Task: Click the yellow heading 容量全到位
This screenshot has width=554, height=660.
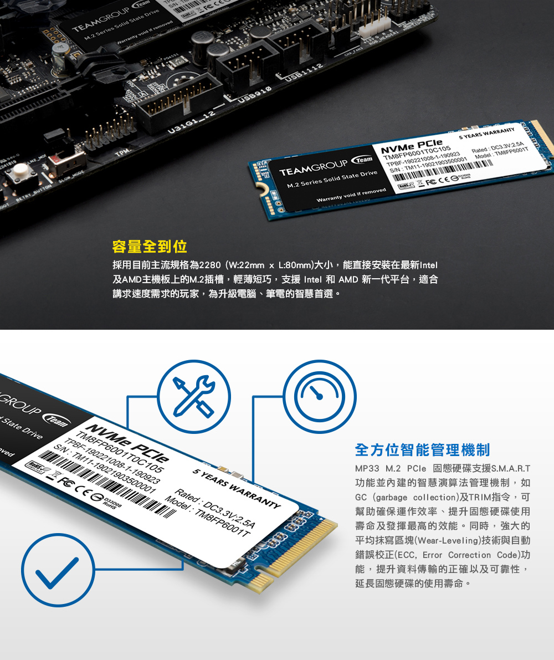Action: pyautogui.click(x=149, y=246)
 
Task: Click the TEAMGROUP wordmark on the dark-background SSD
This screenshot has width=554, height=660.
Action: pyautogui.click(x=312, y=165)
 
